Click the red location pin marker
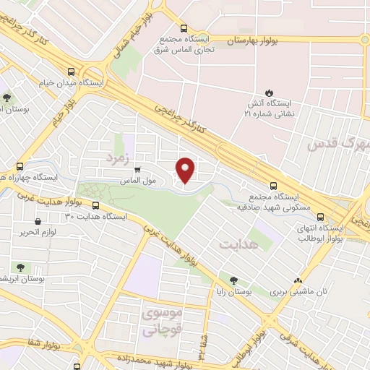(186, 169)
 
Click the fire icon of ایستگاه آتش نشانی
(268, 92)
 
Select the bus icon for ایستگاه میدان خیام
(71, 72)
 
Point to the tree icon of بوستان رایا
(233, 280)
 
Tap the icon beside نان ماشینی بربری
(297, 281)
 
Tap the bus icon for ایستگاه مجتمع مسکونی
(272, 185)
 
